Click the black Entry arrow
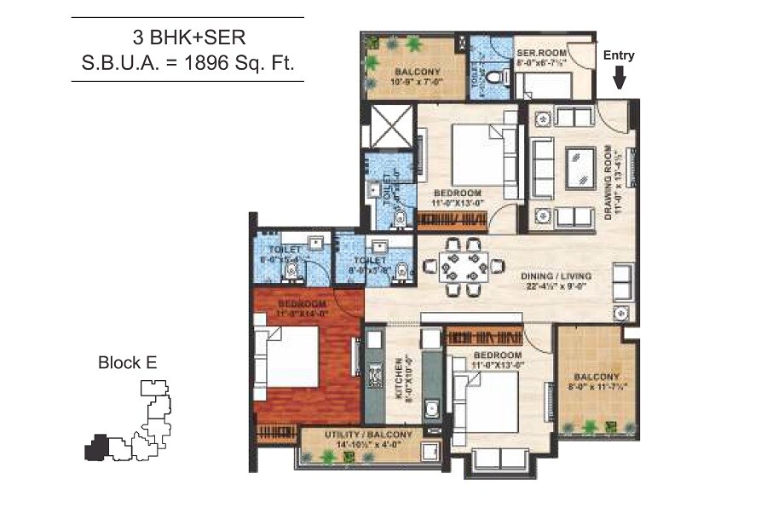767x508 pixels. (x=620, y=79)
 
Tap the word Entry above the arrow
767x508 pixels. (x=620, y=55)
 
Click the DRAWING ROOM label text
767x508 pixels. (x=609, y=182)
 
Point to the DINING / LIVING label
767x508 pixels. (x=556, y=276)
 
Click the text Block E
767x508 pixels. (x=128, y=362)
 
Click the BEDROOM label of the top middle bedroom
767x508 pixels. (x=458, y=193)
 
